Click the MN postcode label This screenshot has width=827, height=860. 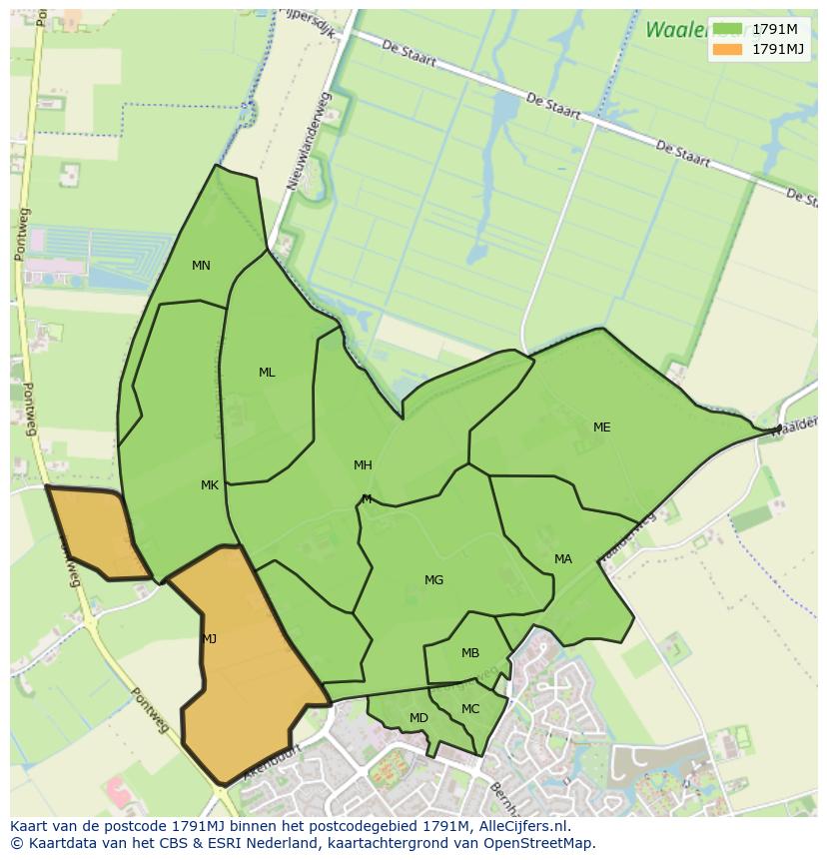tap(201, 266)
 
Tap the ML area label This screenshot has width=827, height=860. tap(267, 373)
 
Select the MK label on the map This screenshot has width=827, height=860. tap(209, 485)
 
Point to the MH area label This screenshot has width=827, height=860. tap(363, 465)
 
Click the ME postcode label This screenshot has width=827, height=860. tap(601, 428)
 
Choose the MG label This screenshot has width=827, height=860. tap(433, 580)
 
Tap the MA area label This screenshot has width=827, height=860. tap(563, 559)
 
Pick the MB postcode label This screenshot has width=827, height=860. tap(470, 653)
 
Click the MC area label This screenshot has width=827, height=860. tap(470, 709)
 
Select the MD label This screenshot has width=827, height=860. tap(418, 718)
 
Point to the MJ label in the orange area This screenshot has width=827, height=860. tap(209, 638)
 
